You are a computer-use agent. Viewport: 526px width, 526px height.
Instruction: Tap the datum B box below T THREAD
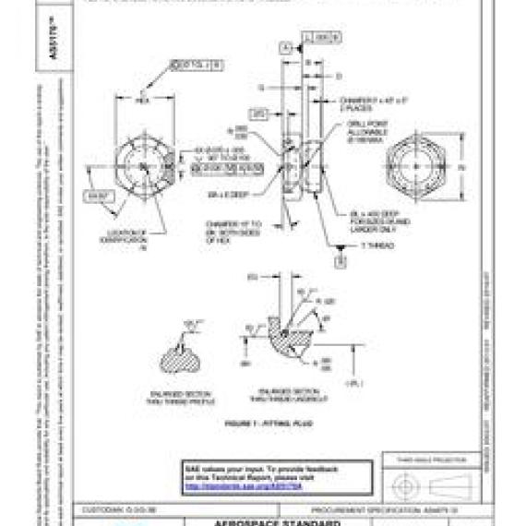click(340, 262)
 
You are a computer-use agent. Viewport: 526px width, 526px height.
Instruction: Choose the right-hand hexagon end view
click(420, 168)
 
